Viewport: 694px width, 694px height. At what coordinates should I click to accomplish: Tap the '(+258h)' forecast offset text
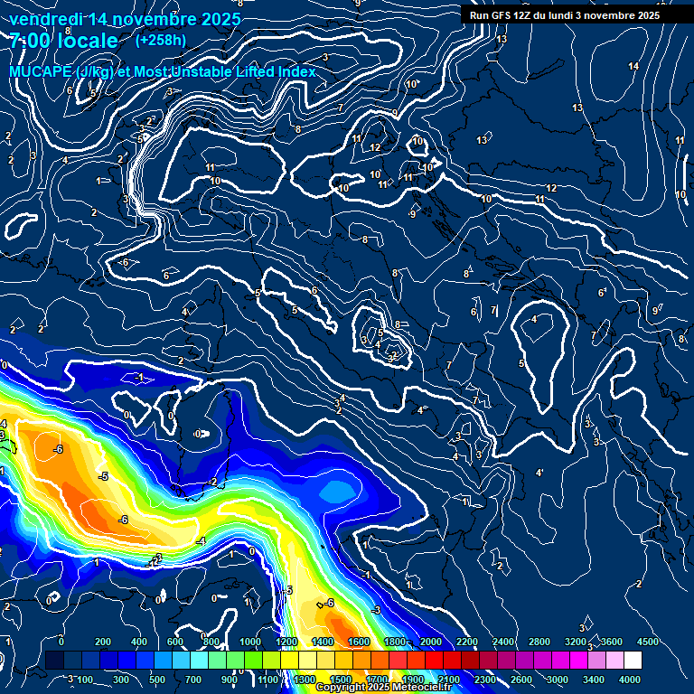(162, 41)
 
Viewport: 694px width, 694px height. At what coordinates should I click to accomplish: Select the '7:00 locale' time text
(65, 42)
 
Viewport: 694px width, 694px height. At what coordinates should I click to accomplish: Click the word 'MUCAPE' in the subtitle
(41, 72)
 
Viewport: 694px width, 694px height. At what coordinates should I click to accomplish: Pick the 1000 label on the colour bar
(249, 642)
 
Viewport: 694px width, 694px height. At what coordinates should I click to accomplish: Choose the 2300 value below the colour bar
(484, 680)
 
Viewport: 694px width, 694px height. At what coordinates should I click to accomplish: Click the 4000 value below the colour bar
(629, 680)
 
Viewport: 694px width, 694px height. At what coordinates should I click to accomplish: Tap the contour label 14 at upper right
(633, 67)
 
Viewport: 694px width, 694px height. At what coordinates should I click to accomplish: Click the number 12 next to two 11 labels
(375, 147)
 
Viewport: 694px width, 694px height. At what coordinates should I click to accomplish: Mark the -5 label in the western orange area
(103, 476)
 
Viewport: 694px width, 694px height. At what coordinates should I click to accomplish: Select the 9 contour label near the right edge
(656, 311)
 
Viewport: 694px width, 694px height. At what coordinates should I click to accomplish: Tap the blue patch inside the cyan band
(339, 491)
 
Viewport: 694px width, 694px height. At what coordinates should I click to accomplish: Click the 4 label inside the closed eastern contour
(534, 320)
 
